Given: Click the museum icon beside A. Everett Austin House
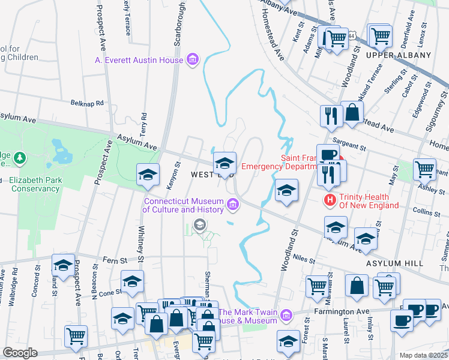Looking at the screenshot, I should point(193,59).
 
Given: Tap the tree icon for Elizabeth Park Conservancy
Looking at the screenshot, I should point(20,158).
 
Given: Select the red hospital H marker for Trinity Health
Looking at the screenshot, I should point(330,200).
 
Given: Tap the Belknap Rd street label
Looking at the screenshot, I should point(87,103).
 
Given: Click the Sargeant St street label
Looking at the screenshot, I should point(353,146).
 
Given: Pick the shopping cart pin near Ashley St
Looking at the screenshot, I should point(424,170).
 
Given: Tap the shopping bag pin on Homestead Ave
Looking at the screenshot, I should point(352,112).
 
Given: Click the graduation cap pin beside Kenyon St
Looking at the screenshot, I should point(148,175).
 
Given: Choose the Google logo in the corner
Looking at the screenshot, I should point(20,353).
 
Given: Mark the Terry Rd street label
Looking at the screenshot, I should point(143,124).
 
